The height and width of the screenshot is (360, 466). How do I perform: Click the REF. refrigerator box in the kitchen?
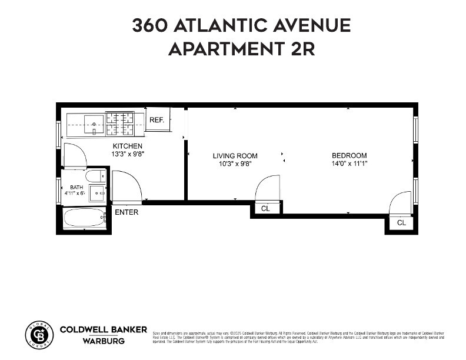pyautogui.click(x=157, y=119)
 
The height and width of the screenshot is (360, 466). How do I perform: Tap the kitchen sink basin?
pyautogui.click(x=94, y=124)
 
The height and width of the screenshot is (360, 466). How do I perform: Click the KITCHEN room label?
pyautogui.click(x=128, y=146)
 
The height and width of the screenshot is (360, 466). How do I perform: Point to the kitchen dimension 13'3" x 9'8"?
pyautogui.click(x=128, y=154)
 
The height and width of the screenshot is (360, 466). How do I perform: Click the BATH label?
pyautogui.click(x=76, y=188)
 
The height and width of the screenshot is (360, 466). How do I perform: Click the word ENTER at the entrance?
pyautogui.click(x=127, y=212)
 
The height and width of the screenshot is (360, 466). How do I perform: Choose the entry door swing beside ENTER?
pyautogui.click(x=126, y=188)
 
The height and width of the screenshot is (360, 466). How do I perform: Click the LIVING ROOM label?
pyautogui.click(x=235, y=156)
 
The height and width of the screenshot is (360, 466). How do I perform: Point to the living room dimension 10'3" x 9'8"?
pyautogui.click(x=235, y=164)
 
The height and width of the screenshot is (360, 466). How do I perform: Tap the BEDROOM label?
pyautogui.click(x=349, y=156)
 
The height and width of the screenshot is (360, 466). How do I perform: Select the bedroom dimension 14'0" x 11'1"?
pyautogui.click(x=349, y=164)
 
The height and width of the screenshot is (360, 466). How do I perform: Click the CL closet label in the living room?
pyautogui.click(x=265, y=209)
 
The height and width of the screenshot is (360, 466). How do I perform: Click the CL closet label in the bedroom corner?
pyautogui.click(x=401, y=223)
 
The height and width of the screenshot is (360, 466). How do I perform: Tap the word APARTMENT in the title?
pyautogui.click(x=225, y=49)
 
